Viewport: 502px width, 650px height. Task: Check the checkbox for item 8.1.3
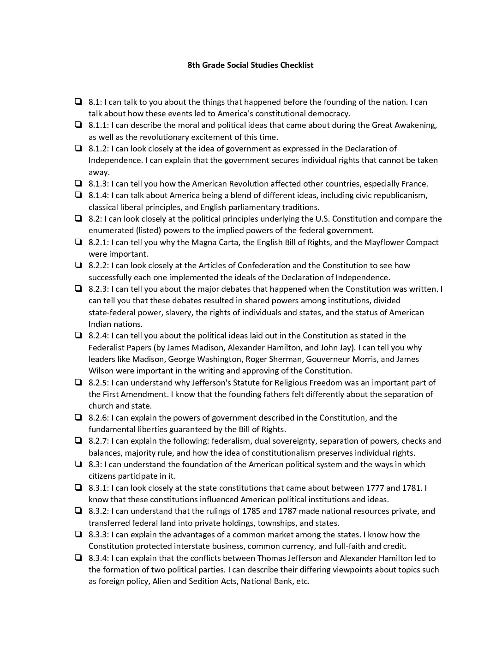click(78, 183)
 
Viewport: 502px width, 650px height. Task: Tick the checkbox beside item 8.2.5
click(78, 382)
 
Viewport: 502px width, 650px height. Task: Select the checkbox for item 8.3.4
click(78, 558)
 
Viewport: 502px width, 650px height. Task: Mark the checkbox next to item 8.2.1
click(78, 242)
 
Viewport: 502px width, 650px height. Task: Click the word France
click(415, 184)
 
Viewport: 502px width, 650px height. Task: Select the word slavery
click(177, 313)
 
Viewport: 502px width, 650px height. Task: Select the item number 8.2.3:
click(99, 289)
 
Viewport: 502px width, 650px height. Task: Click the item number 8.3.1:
click(99, 488)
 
